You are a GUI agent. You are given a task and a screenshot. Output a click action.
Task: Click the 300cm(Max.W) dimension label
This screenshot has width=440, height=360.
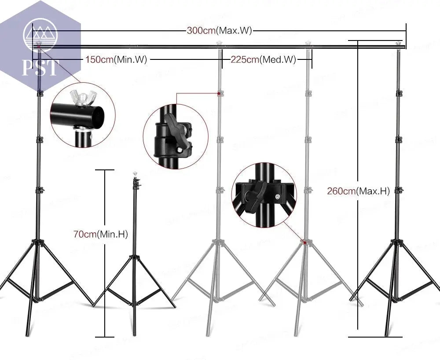(219, 31)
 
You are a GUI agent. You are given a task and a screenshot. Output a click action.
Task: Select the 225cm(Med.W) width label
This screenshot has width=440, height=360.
(263, 60)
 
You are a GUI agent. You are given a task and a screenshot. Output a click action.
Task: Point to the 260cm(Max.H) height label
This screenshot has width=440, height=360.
(359, 191)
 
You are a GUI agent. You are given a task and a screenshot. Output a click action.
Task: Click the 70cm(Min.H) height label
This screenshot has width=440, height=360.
(100, 235)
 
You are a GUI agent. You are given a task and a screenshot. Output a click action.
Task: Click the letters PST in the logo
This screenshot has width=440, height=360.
(41, 68)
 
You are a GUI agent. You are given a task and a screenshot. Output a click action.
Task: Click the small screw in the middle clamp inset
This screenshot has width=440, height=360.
(180, 151)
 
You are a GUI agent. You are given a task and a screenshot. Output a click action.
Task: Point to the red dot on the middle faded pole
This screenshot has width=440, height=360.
(219, 93)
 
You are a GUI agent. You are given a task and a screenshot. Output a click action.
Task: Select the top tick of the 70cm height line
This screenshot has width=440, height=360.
(105, 170)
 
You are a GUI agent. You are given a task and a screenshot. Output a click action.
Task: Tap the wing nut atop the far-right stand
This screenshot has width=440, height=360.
(399, 44)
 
